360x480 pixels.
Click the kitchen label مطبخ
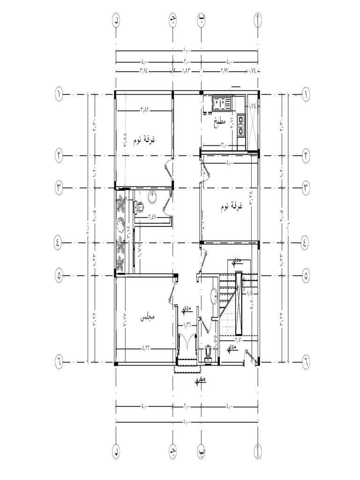(219, 123)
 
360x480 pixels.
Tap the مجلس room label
(148, 317)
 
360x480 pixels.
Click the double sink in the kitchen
(219, 103)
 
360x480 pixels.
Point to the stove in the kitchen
(240, 124)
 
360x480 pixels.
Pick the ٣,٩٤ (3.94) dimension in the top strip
(144, 71)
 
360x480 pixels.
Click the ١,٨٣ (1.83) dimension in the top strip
(187, 71)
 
